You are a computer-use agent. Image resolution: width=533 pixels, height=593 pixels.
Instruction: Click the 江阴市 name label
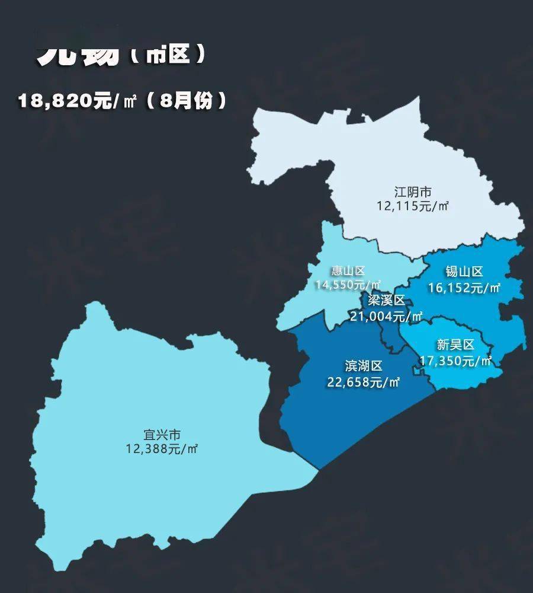[413, 192]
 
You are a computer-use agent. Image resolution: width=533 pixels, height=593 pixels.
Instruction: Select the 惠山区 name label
[348, 272]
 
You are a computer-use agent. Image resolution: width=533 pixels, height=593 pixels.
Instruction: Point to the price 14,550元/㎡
[348, 285]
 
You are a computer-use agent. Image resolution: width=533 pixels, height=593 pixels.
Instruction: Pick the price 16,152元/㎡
[464, 288]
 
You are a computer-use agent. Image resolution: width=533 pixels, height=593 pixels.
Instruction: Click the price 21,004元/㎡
[386, 316]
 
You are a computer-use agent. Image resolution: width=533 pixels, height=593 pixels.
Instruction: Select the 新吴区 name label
[455, 345]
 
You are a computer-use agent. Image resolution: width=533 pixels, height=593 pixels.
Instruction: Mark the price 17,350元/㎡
[455, 360]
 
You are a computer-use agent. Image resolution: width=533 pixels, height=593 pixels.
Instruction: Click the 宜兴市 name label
[162, 434]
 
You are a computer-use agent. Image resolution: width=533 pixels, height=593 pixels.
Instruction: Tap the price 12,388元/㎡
[162, 449]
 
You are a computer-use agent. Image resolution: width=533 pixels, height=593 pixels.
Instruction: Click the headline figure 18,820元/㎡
[77, 101]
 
